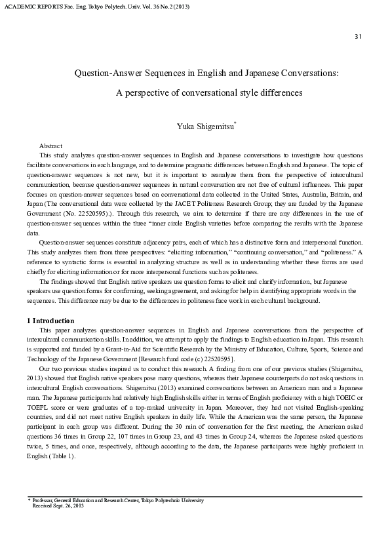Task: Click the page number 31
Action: click(x=358, y=36)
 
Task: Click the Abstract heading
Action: click(x=50, y=146)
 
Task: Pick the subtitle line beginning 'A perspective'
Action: click(x=209, y=93)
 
